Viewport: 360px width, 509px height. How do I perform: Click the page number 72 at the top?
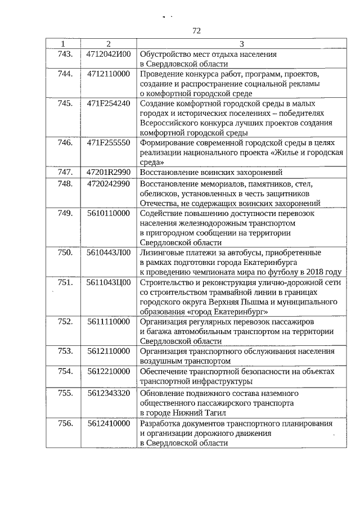click(197, 30)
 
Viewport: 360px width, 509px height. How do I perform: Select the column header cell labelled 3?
click(241, 44)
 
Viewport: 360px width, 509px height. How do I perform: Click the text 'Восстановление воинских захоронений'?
click(210, 173)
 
